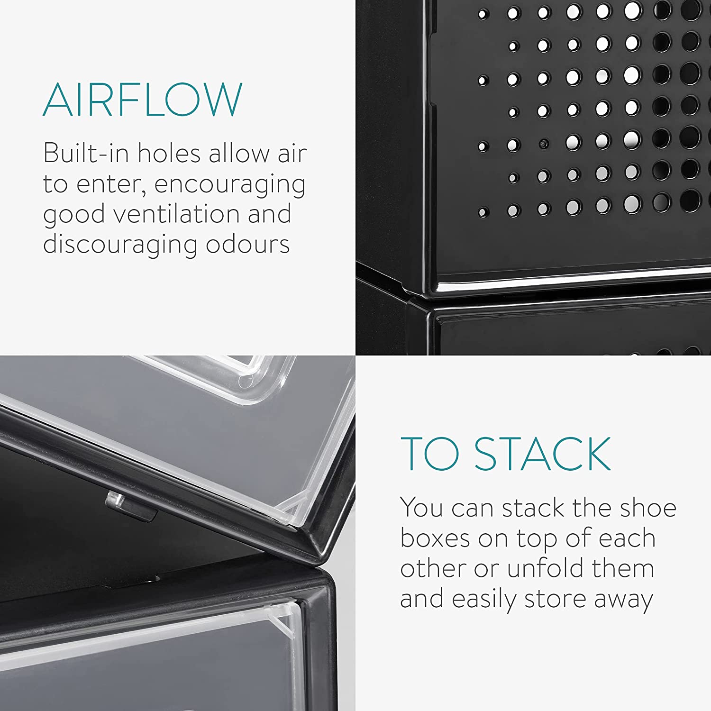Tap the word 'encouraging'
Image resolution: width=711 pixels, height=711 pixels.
click(230, 185)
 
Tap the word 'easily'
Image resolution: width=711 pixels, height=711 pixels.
click(483, 600)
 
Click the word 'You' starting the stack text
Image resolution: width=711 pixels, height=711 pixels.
click(421, 508)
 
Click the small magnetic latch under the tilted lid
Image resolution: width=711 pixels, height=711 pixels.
click(131, 507)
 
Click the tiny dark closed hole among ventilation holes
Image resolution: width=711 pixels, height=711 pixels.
click(544, 143)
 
